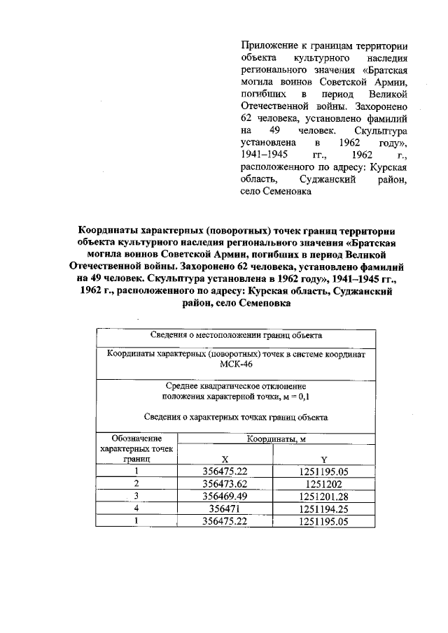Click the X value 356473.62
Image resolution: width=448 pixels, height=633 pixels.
tap(225, 483)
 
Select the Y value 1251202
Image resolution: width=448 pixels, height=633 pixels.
tap(323, 483)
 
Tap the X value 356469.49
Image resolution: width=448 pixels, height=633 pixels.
tap(225, 496)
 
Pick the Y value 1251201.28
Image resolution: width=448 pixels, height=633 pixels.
tap(323, 496)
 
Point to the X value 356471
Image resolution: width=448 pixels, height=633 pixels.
tap(225, 508)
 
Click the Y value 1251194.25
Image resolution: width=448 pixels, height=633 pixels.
tap(323, 508)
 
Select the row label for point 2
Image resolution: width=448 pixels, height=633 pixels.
tap(137, 483)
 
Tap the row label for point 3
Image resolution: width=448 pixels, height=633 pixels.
tap(137, 496)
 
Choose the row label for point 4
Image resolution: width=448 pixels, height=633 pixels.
tap(137, 508)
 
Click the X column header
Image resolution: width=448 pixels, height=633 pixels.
tap(225, 460)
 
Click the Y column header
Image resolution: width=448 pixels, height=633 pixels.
tap(323, 460)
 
